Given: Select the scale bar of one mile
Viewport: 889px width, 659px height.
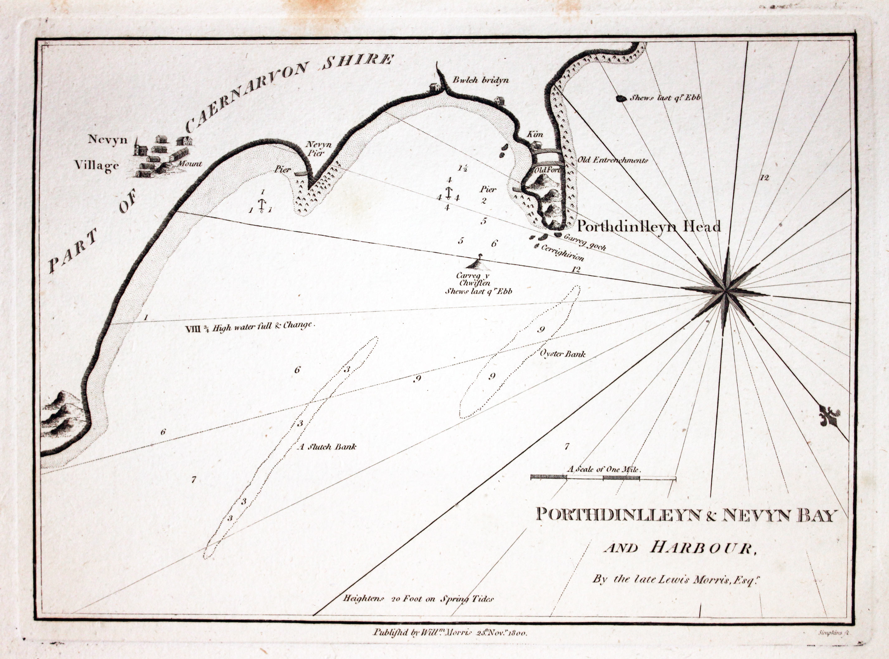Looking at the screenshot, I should click(x=603, y=477).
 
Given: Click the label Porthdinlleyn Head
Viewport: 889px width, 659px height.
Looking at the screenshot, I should click(x=649, y=227).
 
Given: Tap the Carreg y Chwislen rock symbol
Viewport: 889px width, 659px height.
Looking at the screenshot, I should click(x=478, y=264).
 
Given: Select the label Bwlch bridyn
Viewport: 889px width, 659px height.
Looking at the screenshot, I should click(x=480, y=80).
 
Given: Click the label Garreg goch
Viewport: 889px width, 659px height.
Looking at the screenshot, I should click(x=585, y=242).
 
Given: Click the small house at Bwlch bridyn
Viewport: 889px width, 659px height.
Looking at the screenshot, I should click(x=434, y=87).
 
